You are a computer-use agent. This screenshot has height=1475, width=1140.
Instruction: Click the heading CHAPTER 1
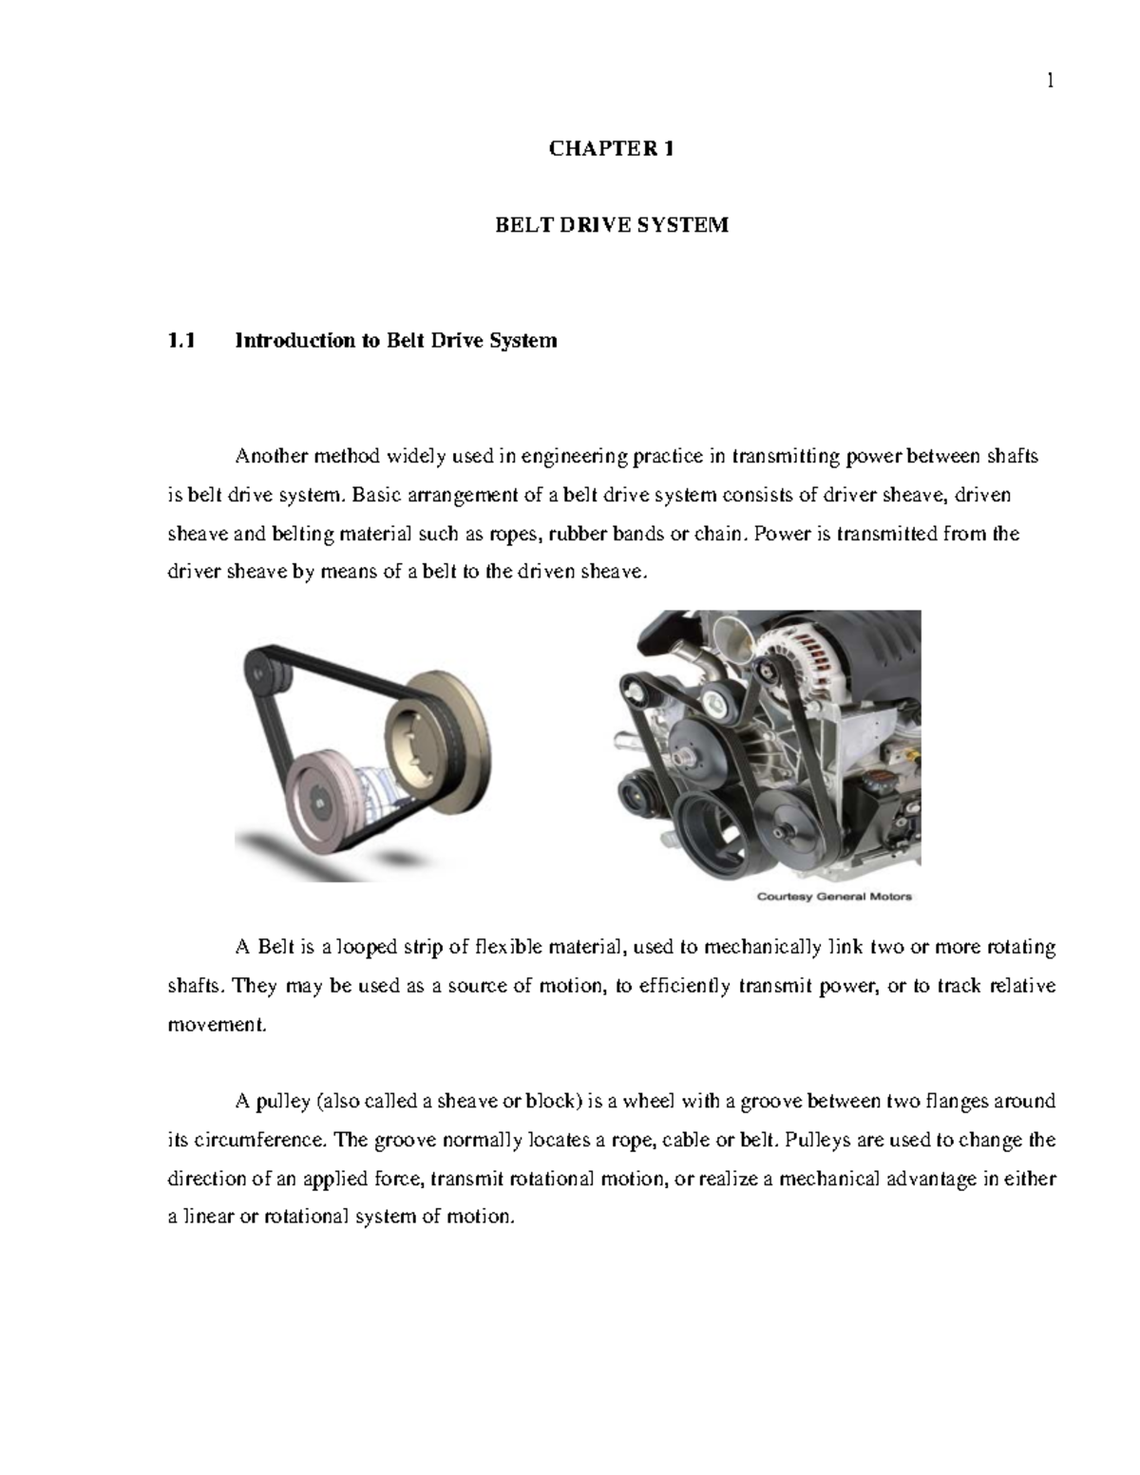click(x=612, y=148)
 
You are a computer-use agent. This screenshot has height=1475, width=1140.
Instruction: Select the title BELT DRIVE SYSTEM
click(x=612, y=225)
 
